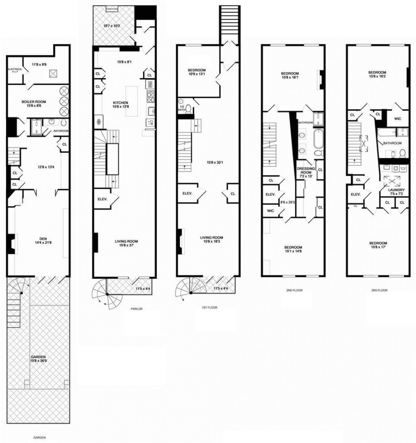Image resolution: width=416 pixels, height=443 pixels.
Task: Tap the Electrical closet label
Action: point(14,71)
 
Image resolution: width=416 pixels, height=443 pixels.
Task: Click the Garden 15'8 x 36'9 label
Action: point(38,359)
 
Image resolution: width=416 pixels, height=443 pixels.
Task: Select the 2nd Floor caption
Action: point(293,291)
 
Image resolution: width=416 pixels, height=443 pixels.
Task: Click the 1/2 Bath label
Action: point(182,109)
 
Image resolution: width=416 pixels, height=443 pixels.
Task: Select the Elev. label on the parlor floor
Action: point(103,199)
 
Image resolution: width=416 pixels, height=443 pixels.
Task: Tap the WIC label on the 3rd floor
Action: point(397,118)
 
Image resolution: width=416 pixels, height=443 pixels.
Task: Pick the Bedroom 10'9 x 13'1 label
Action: point(197,72)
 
